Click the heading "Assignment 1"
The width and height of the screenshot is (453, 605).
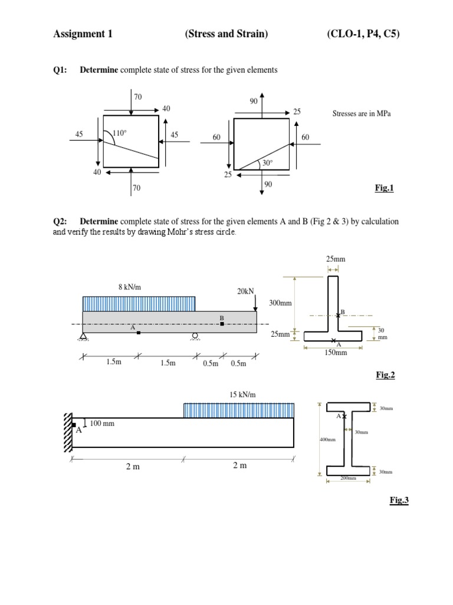coord(83,34)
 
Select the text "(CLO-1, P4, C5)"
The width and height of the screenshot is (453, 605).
coord(363,34)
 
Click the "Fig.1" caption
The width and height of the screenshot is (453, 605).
coord(384,188)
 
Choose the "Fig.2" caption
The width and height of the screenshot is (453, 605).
coord(385,375)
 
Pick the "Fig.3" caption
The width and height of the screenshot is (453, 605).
coord(399,500)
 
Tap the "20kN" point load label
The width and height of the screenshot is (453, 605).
coord(245,291)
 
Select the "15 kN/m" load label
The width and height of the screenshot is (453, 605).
coord(243,394)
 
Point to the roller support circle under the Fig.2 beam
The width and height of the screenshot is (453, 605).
coord(194,337)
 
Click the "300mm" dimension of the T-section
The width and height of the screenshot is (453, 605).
coord(281,302)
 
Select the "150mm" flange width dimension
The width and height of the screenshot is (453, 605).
coord(337,353)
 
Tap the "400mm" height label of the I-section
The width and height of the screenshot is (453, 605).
coord(327,440)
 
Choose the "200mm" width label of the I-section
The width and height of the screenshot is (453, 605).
coord(348,478)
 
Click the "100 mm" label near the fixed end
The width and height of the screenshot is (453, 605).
coord(102,423)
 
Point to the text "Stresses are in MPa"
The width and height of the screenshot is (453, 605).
coord(362,113)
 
